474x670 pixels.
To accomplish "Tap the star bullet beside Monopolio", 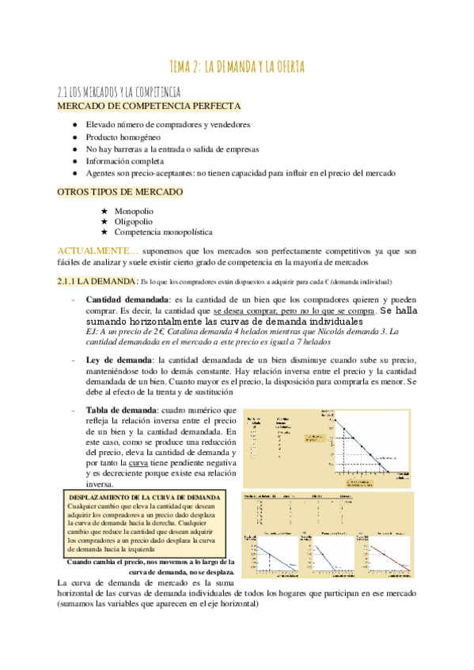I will (104, 211).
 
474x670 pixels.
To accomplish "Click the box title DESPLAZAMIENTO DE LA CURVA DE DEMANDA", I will (138, 496).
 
